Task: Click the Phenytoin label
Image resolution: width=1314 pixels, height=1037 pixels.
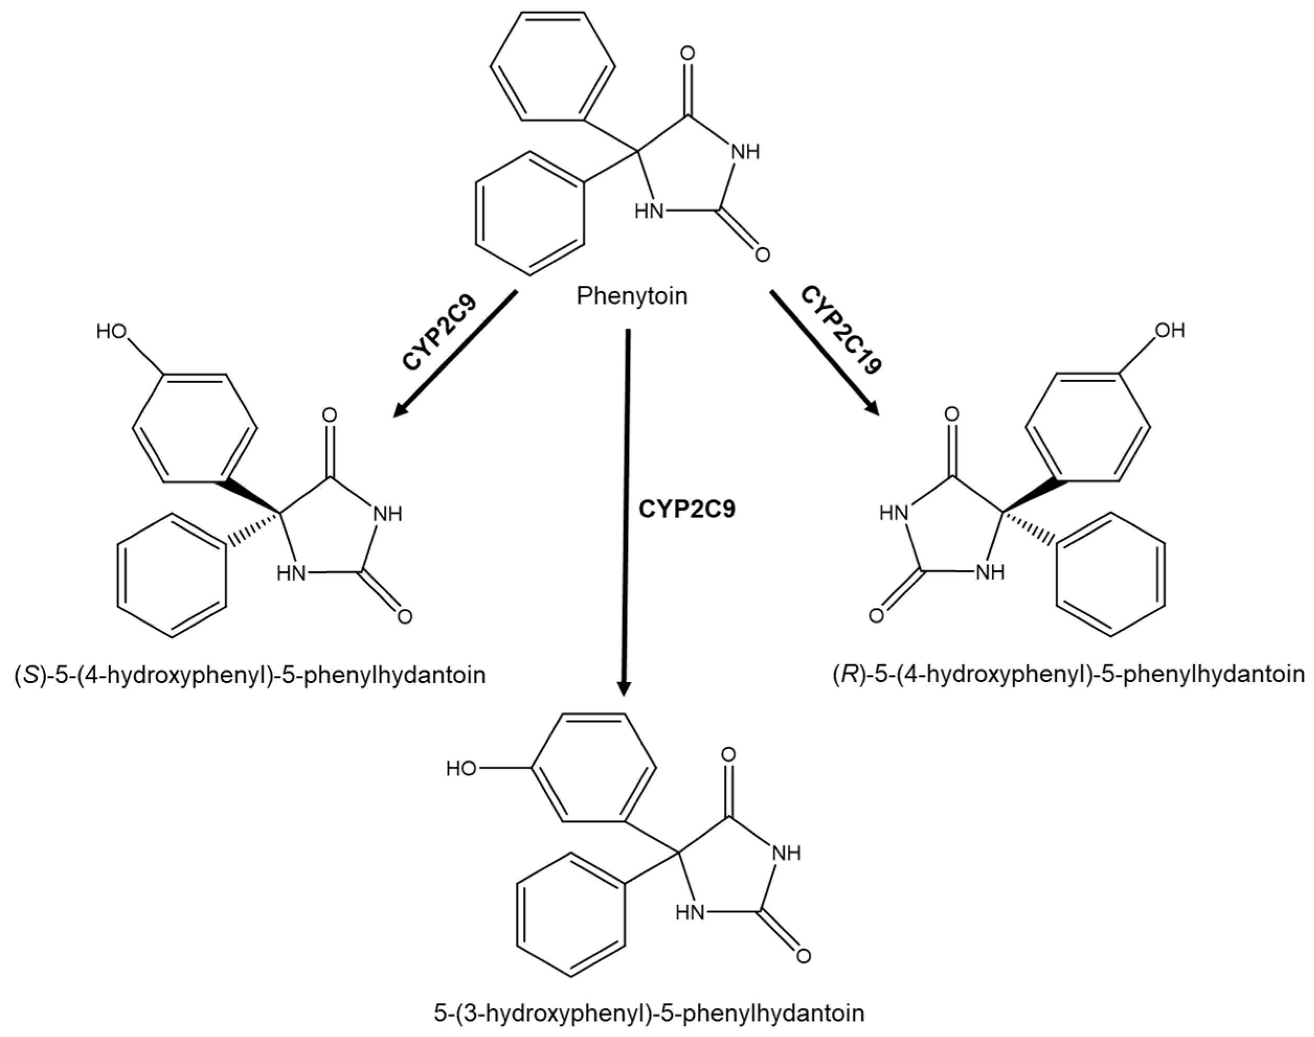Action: click(632, 296)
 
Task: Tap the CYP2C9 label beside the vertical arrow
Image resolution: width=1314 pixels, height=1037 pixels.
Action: click(686, 509)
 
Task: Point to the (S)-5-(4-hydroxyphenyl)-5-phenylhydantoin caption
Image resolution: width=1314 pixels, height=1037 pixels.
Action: click(250, 675)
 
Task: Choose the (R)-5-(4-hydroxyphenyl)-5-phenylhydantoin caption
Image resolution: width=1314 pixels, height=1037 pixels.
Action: click(1068, 675)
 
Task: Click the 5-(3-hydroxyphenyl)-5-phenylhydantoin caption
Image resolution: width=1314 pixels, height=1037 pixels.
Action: click(649, 1013)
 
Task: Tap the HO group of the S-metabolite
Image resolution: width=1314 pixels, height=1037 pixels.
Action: click(112, 331)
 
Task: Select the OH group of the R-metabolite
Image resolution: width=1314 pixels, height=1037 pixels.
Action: click(1170, 330)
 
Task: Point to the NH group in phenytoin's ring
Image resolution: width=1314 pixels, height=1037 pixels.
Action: click(745, 152)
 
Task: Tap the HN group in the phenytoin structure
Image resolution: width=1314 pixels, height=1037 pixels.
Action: click(649, 212)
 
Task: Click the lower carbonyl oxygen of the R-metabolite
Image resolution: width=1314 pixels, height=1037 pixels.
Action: click(876, 616)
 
